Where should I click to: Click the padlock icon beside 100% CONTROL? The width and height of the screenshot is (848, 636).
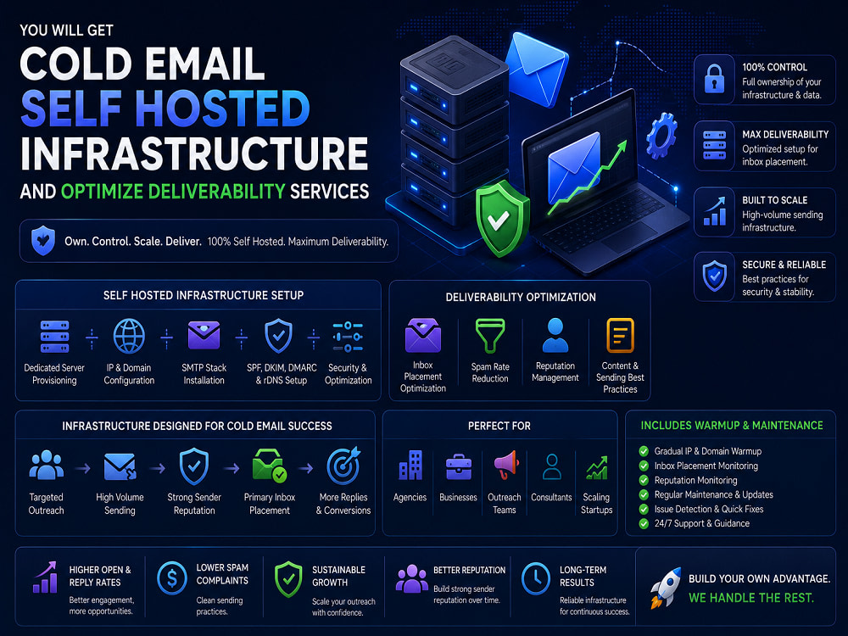(x=714, y=79)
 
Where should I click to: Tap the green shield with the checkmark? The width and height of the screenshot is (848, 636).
(x=501, y=218)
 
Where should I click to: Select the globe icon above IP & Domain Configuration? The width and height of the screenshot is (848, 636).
(x=129, y=336)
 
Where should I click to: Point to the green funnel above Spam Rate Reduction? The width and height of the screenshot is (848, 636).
(x=490, y=336)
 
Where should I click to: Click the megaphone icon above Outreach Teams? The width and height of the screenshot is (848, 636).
(x=505, y=464)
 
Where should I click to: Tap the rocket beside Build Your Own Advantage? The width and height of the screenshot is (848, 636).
(x=664, y=588)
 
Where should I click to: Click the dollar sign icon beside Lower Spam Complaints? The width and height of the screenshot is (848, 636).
(x=172, y=577)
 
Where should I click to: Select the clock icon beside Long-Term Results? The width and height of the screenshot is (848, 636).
(x=536, y=578)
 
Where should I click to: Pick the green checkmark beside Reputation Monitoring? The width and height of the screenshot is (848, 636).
(x=644, y=480)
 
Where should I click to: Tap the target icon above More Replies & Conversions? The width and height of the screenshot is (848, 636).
(x=343, y=465)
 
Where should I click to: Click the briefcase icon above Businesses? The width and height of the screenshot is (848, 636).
(x=459, y=466)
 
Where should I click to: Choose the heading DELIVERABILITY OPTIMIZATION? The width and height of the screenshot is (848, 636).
(x=521, y=297)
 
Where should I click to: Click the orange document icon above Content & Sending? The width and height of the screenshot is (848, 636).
(x=621, y=335)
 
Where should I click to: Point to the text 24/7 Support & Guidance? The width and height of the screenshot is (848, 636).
(x=702, y=523)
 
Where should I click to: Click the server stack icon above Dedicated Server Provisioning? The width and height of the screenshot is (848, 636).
(x=54, y=337)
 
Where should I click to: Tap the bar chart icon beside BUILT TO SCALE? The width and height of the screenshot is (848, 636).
(x=714, y=211)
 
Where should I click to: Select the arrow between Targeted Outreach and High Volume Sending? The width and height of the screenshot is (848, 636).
(x=83, y=468)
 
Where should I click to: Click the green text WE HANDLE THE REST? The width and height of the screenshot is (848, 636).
(x=751, y=598)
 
